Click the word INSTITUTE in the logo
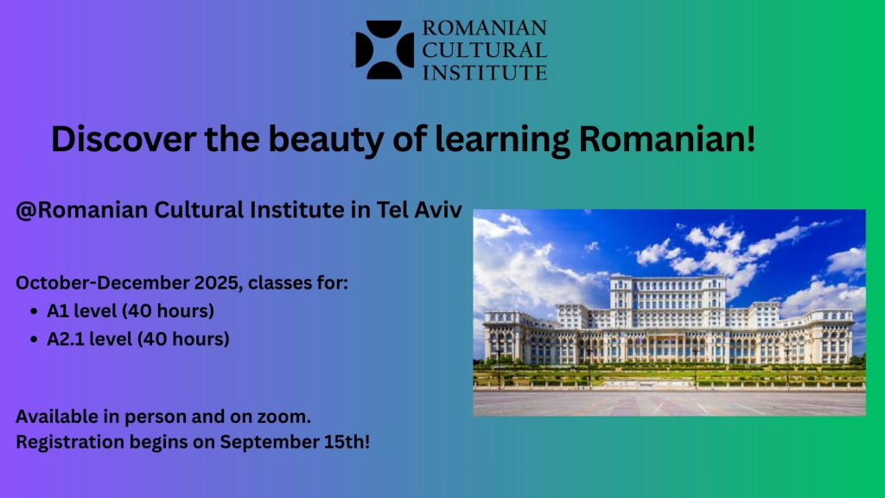pyautogui.click(x=485, y=73)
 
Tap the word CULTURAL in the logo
pyautogui.click(x=485, y=50)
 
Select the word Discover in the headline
pyautogui.click(x=124, y=139)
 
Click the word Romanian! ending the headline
pyautogui.click(x=666, y=139)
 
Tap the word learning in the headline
pyautogui.click(x=502, y=140)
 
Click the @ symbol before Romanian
pyautogui.click(x=26, y=210)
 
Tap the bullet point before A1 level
pyautogui.click(x=35, y=311)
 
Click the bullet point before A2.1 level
pyautogui.click(x=35, y=339)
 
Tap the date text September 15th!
pyautogui.click(x=295, y=442)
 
